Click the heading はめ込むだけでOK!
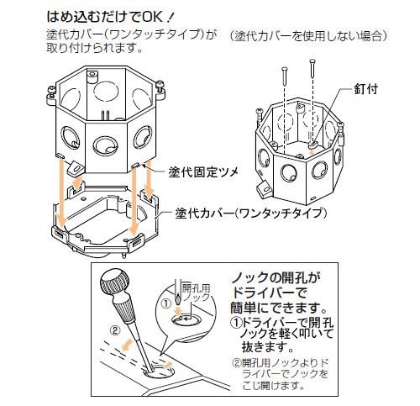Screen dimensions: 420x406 tap(110, 17)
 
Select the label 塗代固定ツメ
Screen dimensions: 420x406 tap(203, 171)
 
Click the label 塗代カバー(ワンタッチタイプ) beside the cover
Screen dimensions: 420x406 tap(251, 214)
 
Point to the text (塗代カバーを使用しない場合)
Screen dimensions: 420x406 tap(308, 36)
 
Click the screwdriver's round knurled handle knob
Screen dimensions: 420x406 tap(115, 281)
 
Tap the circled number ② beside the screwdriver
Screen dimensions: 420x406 tap(114, 331)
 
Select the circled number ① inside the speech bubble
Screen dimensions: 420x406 tap(166, 304)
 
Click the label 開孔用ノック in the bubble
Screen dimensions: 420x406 tap(196, 293)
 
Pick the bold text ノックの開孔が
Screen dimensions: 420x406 tap(276, 278)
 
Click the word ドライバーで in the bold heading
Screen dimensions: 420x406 tap(269, 293)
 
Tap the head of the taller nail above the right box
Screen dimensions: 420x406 tap(312, 61)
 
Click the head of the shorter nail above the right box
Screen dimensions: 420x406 tap(285, 68)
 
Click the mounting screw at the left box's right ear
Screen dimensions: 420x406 tap(160, 86)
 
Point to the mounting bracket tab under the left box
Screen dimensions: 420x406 tap(75, 167)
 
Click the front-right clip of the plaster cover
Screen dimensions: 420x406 tap(136, 241)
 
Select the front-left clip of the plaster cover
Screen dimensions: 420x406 tap(60, 233)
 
